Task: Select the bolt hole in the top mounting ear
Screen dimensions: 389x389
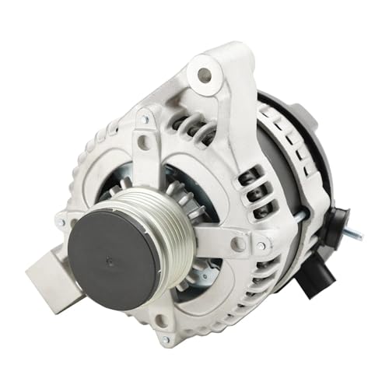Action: tap(204, 75)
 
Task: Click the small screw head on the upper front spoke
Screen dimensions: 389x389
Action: tap(145, 119)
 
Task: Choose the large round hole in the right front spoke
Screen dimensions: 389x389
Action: tap(238, 243)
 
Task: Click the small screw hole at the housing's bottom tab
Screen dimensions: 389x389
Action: tap(165, 340)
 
